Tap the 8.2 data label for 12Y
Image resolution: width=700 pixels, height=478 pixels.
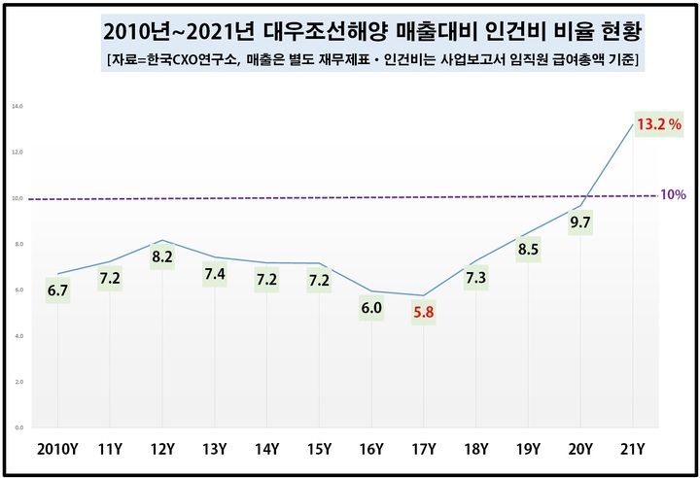[x=163, y=257]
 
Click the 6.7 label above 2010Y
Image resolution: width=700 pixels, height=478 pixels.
[x=58, y=290]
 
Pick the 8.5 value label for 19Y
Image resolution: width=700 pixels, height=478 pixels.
[x=528, y=253]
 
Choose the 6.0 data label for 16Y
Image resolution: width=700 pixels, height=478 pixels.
[x=371, y=308]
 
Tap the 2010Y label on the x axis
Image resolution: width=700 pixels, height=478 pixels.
[x=58, y=450]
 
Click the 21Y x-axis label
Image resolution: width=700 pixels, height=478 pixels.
[x=633, y=450]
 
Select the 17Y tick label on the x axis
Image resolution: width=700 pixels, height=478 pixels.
[x=424, y=450]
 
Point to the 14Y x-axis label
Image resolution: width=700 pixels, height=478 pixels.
[x=267, y=450]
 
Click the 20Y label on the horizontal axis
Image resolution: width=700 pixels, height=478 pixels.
[x=580, y=450]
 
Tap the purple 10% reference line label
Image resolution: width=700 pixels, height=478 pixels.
[x=673, y=194]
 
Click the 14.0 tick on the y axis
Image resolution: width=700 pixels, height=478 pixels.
[x=17, y=106]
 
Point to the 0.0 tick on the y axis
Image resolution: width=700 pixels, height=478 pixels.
[x=17, y=427]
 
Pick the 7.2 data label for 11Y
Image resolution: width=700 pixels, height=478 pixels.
[x=111, y=281]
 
